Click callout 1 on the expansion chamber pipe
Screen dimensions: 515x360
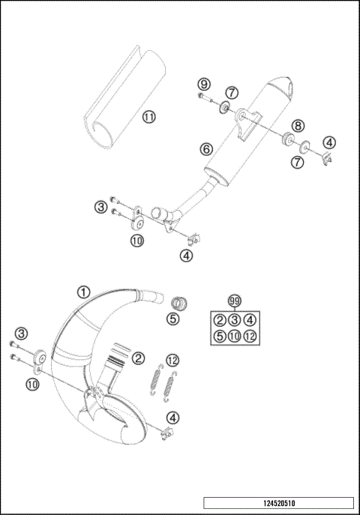pos(83,292)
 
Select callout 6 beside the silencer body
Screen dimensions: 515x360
pos(205,148)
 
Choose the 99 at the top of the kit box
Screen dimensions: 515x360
pos(235,301)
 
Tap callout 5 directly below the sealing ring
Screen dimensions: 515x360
pos(174,319)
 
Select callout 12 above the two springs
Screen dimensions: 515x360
pos(172,360)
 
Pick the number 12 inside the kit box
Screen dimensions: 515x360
pos(250,336)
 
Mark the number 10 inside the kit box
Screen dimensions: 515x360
pos(235,336)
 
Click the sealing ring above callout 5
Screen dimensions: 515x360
pos(178,304)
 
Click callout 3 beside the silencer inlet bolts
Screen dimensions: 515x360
pos(100,205)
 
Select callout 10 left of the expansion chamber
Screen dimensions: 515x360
pos(31,383)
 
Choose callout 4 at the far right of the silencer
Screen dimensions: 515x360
pos(328,142)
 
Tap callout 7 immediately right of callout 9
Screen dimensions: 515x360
pos(232,92)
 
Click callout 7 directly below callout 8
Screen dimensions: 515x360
pos(297,161)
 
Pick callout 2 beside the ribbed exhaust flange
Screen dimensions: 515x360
pos(138,358)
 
